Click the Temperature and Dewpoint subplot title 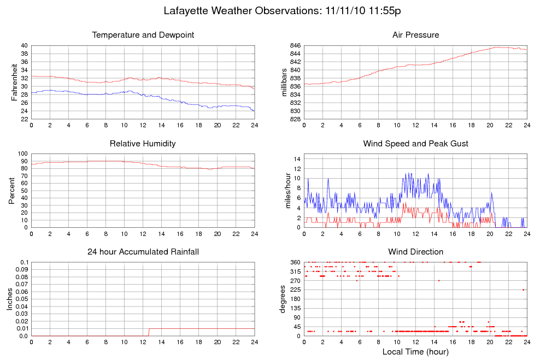143,35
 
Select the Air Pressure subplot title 415,35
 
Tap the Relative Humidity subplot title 143,144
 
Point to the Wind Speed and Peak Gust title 415,144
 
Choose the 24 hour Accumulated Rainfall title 143,252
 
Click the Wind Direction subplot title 415,252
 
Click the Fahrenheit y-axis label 14,82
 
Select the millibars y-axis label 284,82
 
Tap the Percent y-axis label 11,191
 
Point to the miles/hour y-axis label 288,191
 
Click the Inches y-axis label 10,299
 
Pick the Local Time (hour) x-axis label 415,351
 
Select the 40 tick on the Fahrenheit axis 24,45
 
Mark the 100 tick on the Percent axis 22,154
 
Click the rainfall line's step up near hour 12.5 149,332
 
